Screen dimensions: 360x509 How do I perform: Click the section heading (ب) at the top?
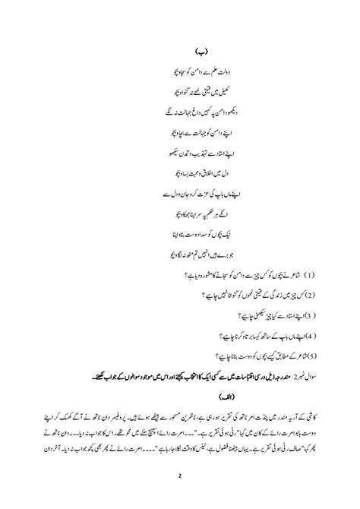(180, 55)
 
